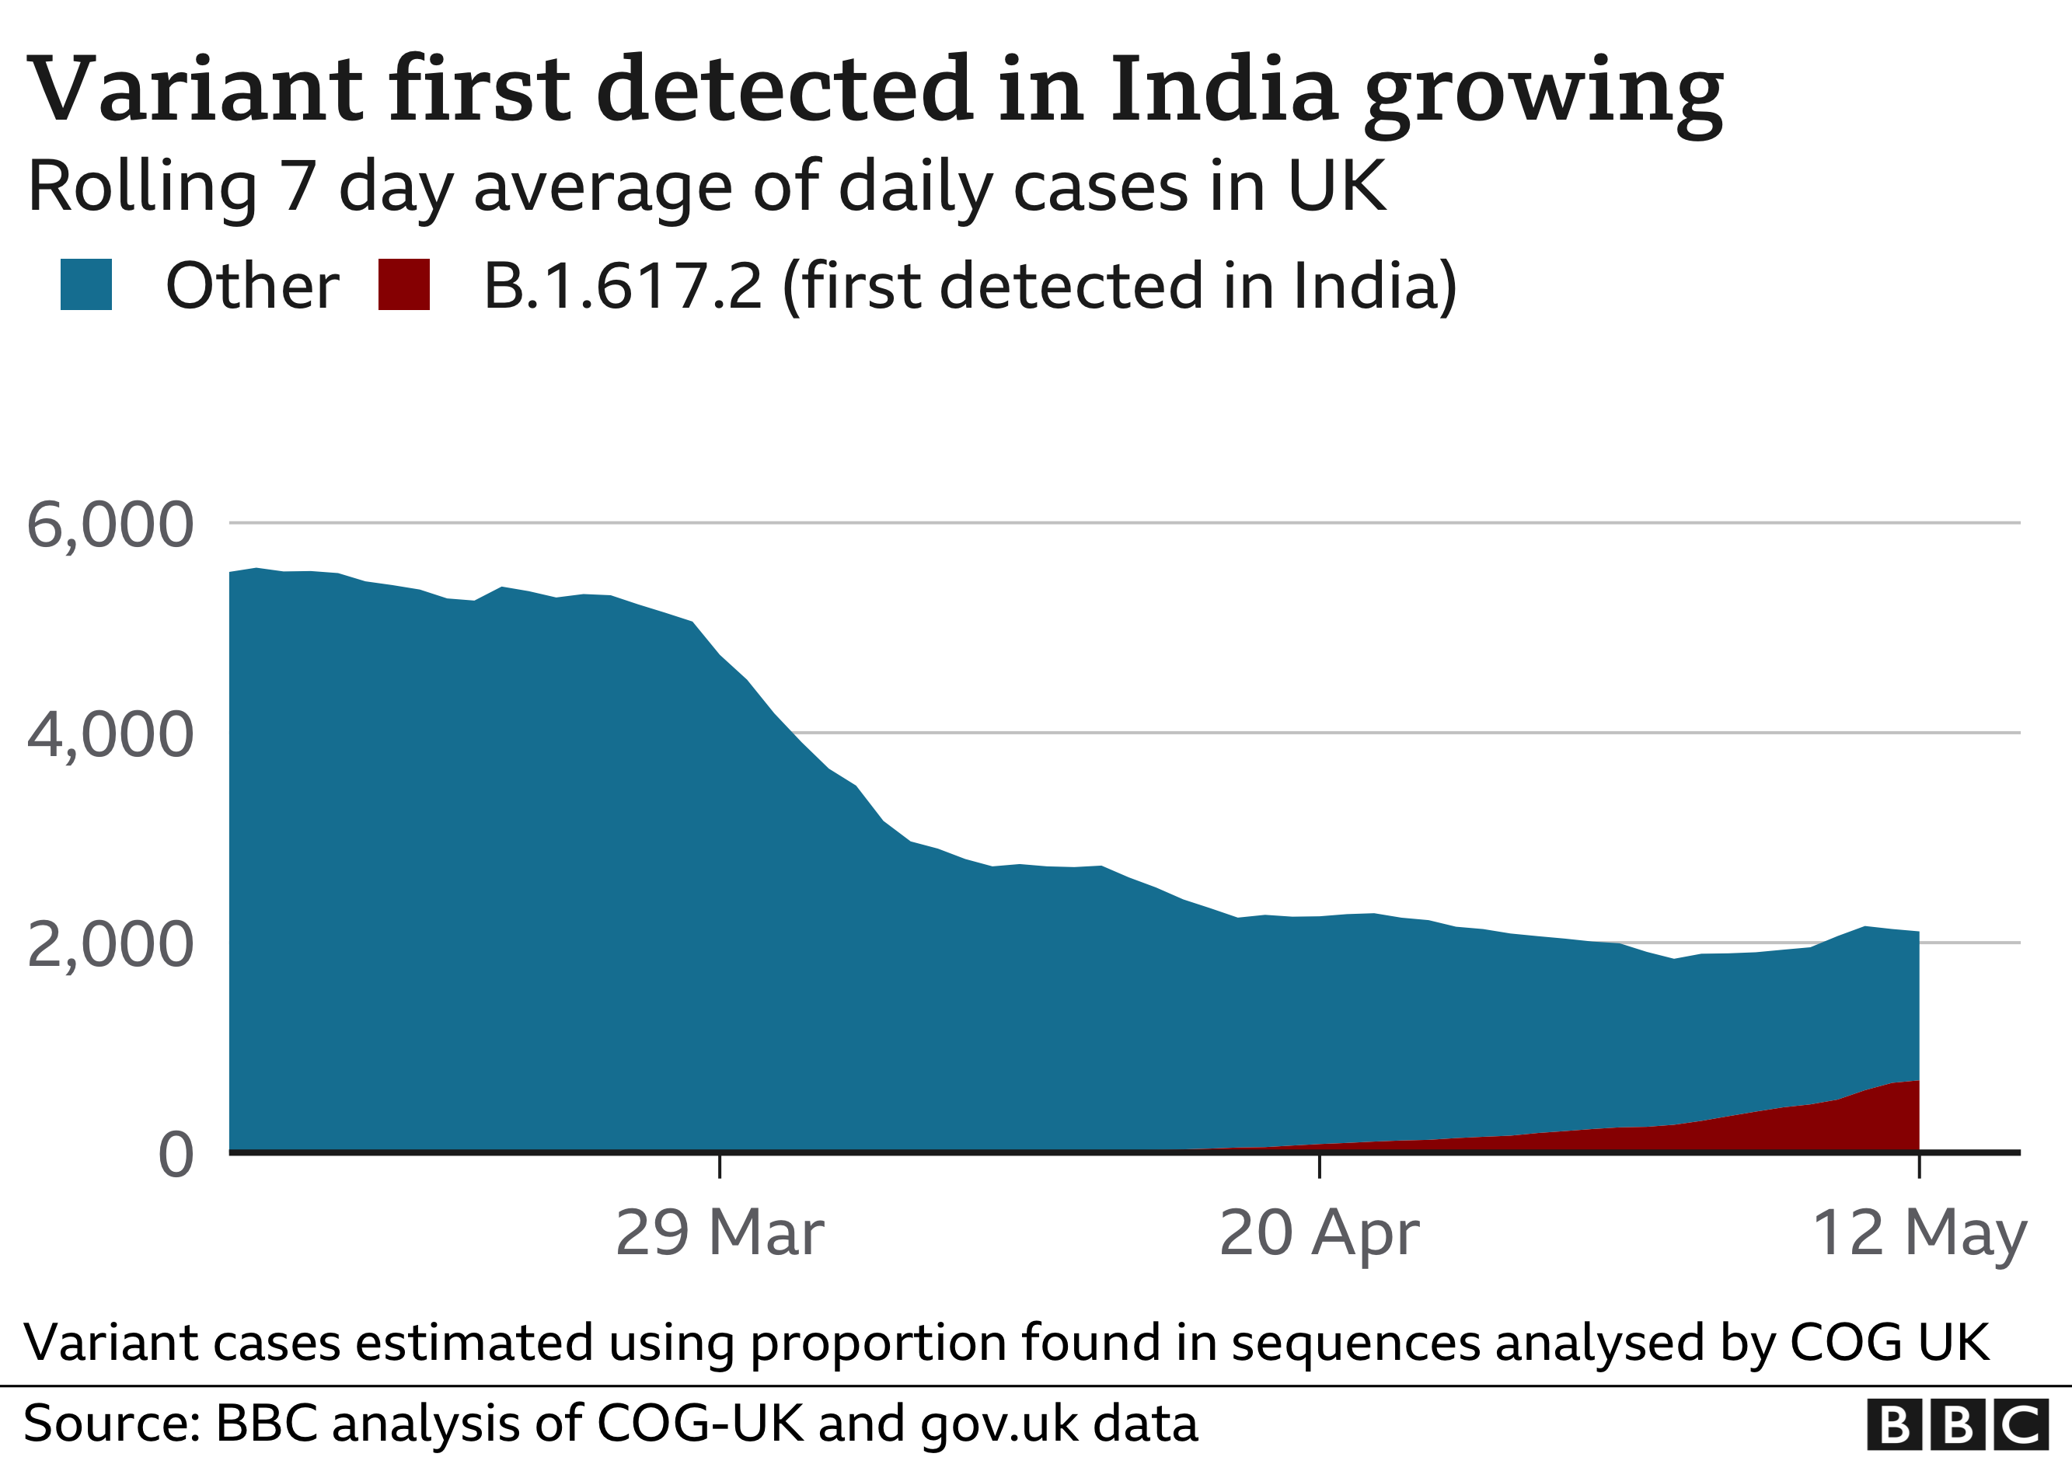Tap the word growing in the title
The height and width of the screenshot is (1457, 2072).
point(1544,94)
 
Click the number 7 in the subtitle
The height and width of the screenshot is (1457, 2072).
point(298,186)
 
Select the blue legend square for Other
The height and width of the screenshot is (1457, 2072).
point(85,284)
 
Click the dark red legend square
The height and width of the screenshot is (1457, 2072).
point(403,284)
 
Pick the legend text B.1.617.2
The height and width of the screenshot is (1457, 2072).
point(623,286)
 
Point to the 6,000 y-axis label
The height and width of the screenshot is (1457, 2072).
point(110,525)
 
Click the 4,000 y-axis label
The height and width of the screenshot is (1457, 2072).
point(110,734)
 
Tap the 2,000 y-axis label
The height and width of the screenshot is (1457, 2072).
point(110,945)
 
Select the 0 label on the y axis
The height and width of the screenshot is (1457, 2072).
point(176,1155)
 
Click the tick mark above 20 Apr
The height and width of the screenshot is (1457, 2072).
point(1320,1166)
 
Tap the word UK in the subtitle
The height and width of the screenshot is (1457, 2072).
point(1336,186)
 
